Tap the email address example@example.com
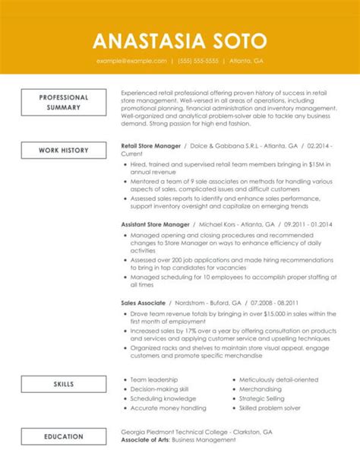pos(131,60)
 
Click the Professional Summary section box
pos(64,103)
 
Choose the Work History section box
pos(64,151)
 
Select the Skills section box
pos(64,385)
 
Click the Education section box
pos(64,436)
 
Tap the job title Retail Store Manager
pos(152,144)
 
